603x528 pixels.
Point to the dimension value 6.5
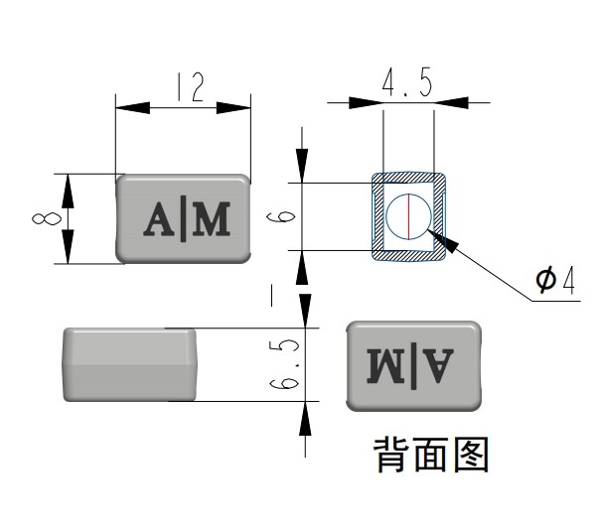tap(287, 364)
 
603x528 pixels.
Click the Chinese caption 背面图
tap(430, 456)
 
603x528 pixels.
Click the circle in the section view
tap(408, 216)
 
